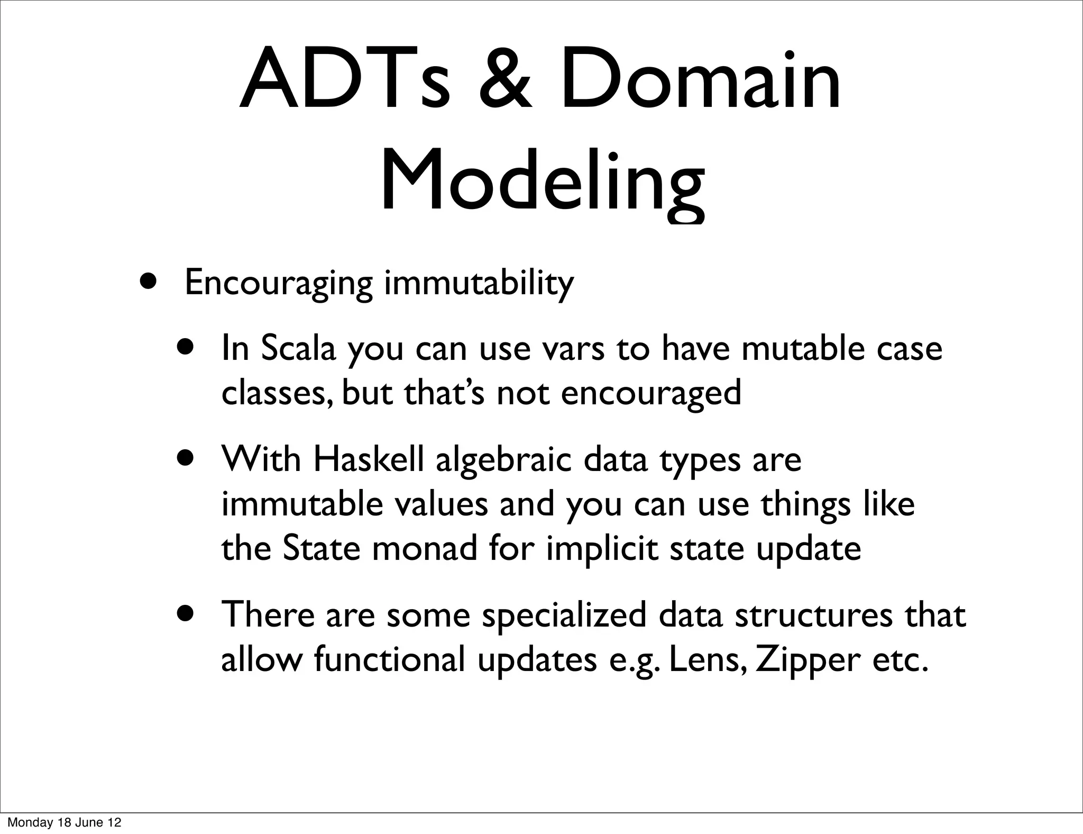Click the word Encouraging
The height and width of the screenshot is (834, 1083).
(278, 283)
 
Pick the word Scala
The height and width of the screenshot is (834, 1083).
(298, 349)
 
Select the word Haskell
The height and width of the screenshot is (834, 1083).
(369, 459)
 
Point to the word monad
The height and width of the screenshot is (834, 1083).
(425, 549)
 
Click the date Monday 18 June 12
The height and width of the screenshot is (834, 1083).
(64, 822)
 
